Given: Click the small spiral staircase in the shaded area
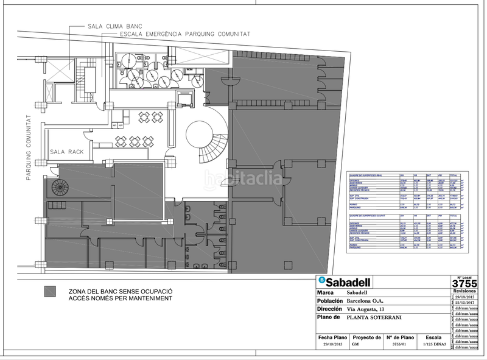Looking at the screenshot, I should (x=59, y=187).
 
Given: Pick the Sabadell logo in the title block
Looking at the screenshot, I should (x=344, y=281).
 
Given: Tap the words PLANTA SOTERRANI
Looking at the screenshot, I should (x=375, y=317).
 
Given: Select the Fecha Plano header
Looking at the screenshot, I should (x=332, y=337).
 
